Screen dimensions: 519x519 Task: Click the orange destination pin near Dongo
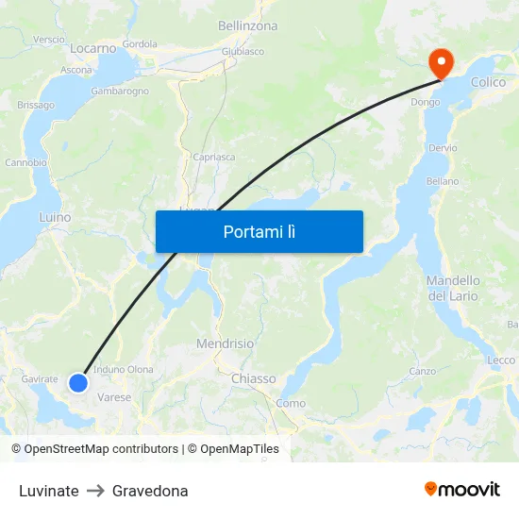(440, 62)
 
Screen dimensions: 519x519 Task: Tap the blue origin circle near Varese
(78, 382)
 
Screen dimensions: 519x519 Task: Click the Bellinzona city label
(247, 26)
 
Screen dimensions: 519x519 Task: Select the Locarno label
(93, 47)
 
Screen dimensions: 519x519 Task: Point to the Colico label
(488, 82)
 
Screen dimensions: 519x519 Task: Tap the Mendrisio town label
(225, 343)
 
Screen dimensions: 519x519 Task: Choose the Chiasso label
(253, 378)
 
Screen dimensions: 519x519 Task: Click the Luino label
(55, 217)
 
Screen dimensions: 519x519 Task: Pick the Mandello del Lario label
(453, 288)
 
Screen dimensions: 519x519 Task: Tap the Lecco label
(501, 360)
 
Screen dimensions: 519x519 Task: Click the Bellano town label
(443, 181)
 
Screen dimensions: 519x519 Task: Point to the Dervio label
(443, 148)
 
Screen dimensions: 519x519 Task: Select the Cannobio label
(25, 162)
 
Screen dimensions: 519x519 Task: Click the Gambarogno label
(120, 92)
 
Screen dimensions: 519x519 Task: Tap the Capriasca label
(213, 158)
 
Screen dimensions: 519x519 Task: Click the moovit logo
(462, 490)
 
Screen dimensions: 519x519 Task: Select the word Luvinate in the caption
(49, 491)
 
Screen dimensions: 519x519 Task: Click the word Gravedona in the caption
(150, 491)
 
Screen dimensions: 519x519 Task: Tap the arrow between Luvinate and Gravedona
(95, 491)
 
